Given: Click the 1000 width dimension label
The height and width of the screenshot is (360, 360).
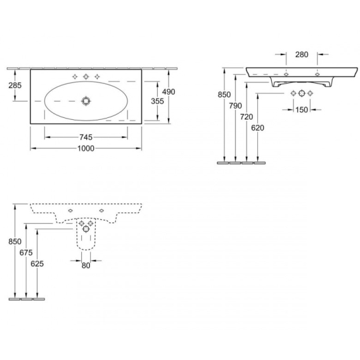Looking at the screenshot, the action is pos(86,148).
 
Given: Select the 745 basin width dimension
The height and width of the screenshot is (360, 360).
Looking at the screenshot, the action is pos(86,138).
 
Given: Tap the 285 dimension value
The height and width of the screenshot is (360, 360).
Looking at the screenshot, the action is pos(15,86).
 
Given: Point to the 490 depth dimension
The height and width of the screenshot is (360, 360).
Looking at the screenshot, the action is pos(169,92).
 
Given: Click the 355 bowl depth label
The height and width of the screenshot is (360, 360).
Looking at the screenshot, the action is pos(157,101).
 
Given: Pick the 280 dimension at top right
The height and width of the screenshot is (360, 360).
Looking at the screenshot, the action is pos(302,55).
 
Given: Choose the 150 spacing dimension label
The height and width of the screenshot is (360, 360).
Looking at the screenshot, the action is pos(302,110).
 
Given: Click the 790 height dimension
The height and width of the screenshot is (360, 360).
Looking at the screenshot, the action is pos(235,106).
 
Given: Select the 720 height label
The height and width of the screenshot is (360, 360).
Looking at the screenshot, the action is pos(247,117).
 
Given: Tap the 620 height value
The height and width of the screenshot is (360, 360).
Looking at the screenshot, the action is pos(257,128).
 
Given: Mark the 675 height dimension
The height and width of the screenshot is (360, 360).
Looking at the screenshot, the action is pos(26,253).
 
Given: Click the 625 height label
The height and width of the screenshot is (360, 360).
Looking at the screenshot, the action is pos(37,264).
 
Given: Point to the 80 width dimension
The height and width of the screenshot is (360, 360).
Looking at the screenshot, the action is pos(86,266).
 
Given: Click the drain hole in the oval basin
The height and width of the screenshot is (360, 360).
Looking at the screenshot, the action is pos(86,101).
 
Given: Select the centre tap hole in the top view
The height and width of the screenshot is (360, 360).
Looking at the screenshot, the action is pos(86,77).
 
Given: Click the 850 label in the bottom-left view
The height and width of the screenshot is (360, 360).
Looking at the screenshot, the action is pos(15,241).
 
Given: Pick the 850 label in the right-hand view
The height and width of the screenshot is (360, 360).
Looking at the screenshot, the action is pos(224,94).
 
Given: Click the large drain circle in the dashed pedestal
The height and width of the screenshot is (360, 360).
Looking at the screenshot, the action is pos(86,229).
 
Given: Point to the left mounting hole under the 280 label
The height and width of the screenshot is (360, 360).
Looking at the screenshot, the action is pos(286,74).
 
